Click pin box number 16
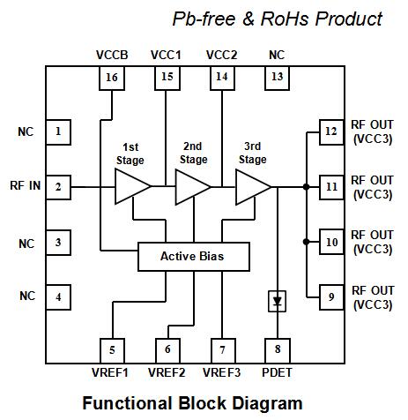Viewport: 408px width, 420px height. pyautogui.click(x=111, y=78)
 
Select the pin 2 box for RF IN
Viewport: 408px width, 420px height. pyautogui.click(x=58, y=186)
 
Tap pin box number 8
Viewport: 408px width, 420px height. pyautogui.click(x=278, y=349)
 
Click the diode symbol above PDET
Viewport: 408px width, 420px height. pyautogui.click(x=278, y=301)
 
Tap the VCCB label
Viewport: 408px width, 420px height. pyautogui.click(x=112, y=55)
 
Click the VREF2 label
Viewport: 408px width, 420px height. pyautogui.click(x=167, y=372)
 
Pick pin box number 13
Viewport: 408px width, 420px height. pyautogui.click(x=276, y=78)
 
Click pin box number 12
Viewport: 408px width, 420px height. pyautogui.click(x=330, y=132)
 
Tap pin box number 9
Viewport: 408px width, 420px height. pyautogui.click(x=330, y=296)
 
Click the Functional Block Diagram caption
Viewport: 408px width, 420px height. pyautogui.click(x=192, y=403)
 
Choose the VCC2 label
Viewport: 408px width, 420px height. pyautogui.click(x=221, y=55)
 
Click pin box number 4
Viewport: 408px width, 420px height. pyautogui.click(x=58, y=296)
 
